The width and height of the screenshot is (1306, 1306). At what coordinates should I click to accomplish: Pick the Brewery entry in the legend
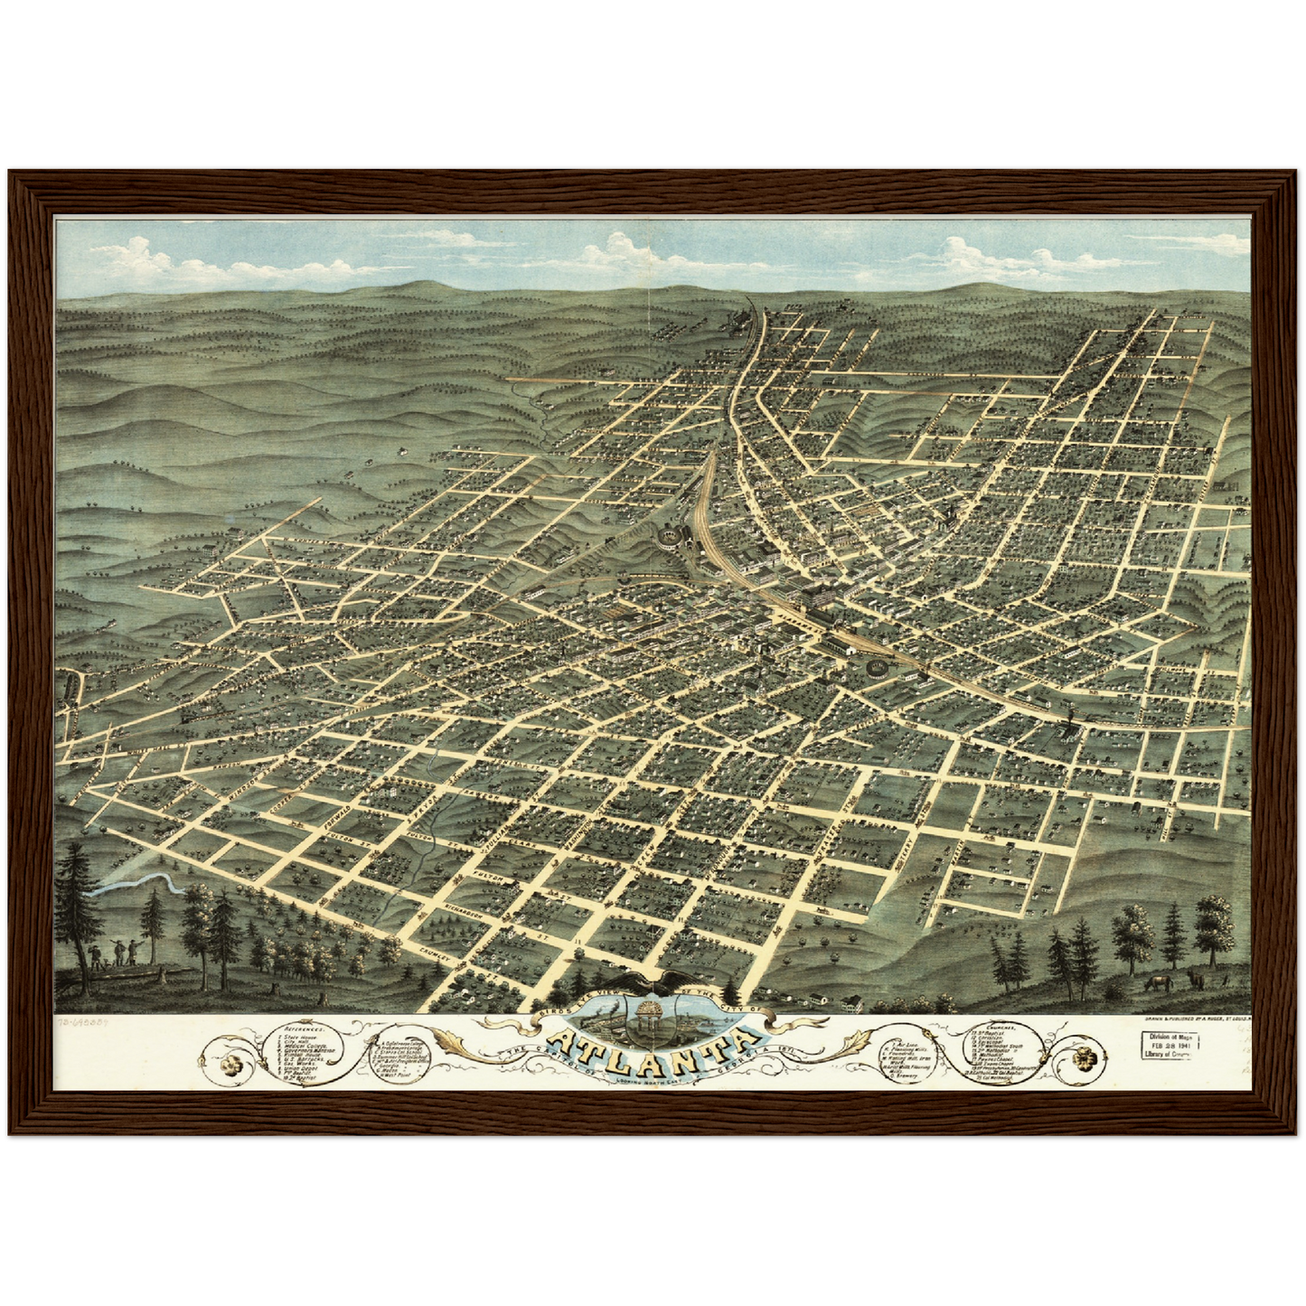905,1076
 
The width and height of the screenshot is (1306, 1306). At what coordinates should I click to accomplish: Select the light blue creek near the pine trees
136,883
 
